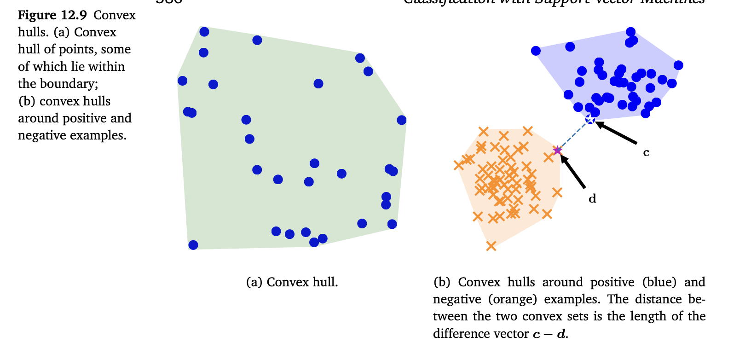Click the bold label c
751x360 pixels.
[x=646, y=153]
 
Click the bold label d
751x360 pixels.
[x=592, y=199]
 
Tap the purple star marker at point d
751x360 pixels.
[x=558, y=150]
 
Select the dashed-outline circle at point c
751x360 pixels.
[x=590, y=120]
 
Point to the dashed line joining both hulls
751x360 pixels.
[x=574, y=135]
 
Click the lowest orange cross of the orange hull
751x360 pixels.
[x=491, y=246]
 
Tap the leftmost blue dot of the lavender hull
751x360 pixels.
[x=536, y=51]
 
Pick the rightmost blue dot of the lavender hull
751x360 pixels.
[x=678, y=65]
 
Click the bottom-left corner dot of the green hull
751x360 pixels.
[x=193, y=245]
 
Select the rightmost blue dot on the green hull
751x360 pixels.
[x=402, y=120]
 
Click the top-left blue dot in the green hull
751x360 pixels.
[x=204, y=32]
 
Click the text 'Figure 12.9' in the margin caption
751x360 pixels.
[x=52, y=15]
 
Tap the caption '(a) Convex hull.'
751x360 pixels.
[x=292, y=282]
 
